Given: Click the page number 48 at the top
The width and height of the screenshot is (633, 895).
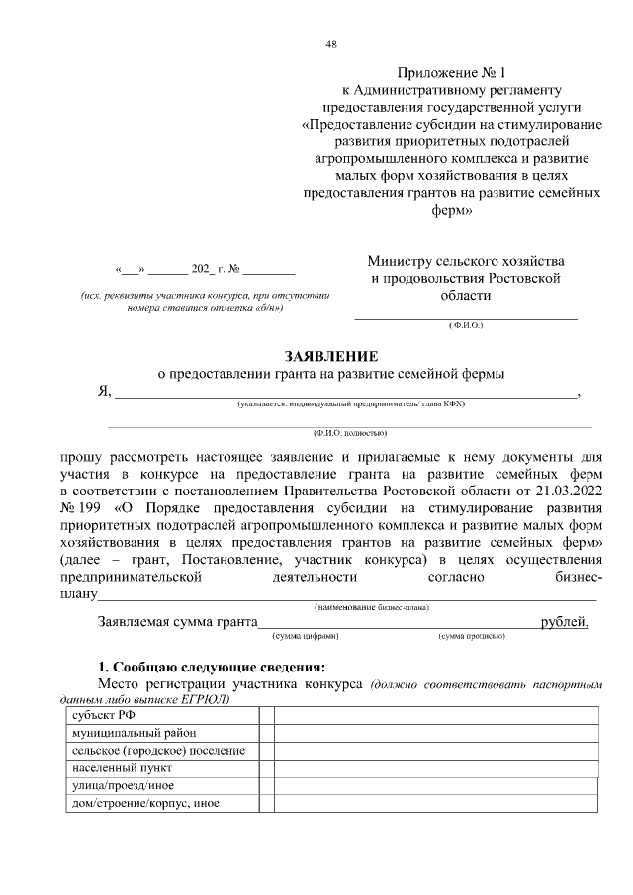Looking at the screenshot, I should (331, 44).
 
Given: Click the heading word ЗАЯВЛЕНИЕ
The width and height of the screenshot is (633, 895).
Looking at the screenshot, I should (331, 355).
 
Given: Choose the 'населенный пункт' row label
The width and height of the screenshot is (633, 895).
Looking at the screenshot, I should (116, 767).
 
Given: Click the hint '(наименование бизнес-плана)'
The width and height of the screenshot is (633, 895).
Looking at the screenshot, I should (377, 606).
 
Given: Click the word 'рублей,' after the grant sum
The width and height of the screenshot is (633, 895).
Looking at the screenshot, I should (565, 622).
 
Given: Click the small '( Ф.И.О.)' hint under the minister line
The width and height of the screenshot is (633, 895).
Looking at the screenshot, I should (465, 325).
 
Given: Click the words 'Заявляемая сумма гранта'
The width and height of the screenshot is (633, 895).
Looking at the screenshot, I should (175, 622).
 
